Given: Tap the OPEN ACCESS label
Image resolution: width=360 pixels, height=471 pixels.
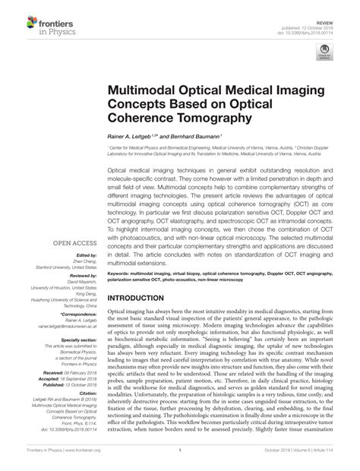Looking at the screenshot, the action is (x=74, y=244).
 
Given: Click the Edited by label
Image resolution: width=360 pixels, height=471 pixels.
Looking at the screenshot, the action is (x=87, y=255).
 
